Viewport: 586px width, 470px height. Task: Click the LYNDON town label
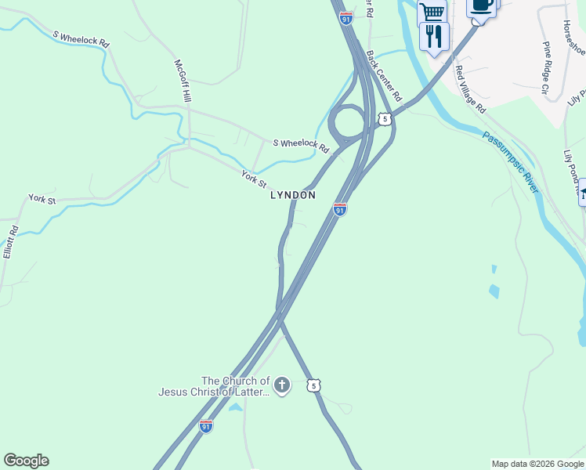(x=292, y=195)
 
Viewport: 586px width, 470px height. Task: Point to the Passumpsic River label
(x=511, y=162)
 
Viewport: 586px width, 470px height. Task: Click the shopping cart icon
(x=432, y=13)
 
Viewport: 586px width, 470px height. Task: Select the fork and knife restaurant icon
(x=433, y=35)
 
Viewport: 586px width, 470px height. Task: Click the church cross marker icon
(x=282, y=385)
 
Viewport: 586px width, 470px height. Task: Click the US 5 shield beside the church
(x=313, y=385)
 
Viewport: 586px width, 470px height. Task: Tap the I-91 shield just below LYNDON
(x=339, y=209)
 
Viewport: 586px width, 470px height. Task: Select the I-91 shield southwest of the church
(x=205, y=426)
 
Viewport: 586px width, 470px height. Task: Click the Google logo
(x=26, y=461)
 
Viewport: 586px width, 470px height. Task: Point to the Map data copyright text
(x=537, y=464)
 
